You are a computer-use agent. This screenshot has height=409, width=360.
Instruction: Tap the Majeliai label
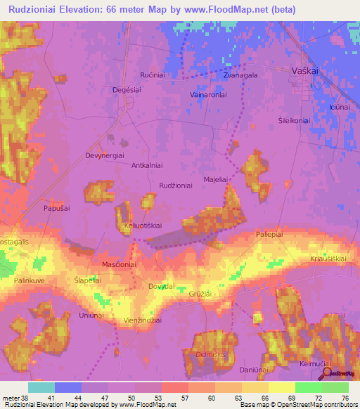tap(215, 180)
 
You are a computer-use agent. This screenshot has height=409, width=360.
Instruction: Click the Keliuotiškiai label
tap(143, 226)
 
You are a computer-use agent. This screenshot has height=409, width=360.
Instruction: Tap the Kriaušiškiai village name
tap(328, 259)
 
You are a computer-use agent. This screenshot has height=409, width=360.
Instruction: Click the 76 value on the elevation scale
tap(345, 398)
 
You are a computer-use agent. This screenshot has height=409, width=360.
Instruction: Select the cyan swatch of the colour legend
tap(41, 387)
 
